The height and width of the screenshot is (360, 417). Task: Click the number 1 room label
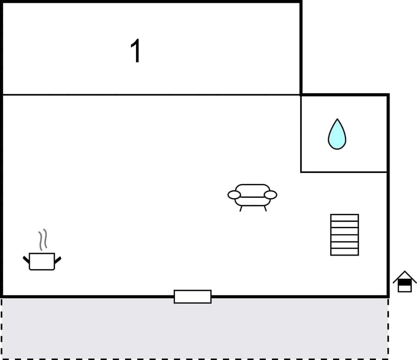tap(136, 51)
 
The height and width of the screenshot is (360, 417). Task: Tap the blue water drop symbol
tap(337, 137)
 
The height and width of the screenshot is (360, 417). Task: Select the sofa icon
tap(252, 196)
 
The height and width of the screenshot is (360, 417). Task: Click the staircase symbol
tap(344, 235)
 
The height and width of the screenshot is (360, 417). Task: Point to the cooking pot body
tap(42, 261)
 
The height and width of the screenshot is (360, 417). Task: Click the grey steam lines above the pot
tap(43, 240)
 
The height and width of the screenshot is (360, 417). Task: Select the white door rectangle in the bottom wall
tap(192, 297)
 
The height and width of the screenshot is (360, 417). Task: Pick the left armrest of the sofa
tap(234, 195)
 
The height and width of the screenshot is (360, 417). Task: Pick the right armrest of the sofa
tap(271, 195)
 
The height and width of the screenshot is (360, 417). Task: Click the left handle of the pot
tap(26, 260)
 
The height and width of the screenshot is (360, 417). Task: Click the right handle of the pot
tap(58, 260)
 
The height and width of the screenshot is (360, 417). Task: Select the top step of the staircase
tap(344, 217)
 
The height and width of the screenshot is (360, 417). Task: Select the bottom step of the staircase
tap(344, 252)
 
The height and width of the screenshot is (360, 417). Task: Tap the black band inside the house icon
tap(404, 283)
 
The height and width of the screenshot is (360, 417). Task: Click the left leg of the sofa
tap(241, 208)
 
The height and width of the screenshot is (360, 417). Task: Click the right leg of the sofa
tap(265, 208)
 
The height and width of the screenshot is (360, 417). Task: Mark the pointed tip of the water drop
tap(337, 120)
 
